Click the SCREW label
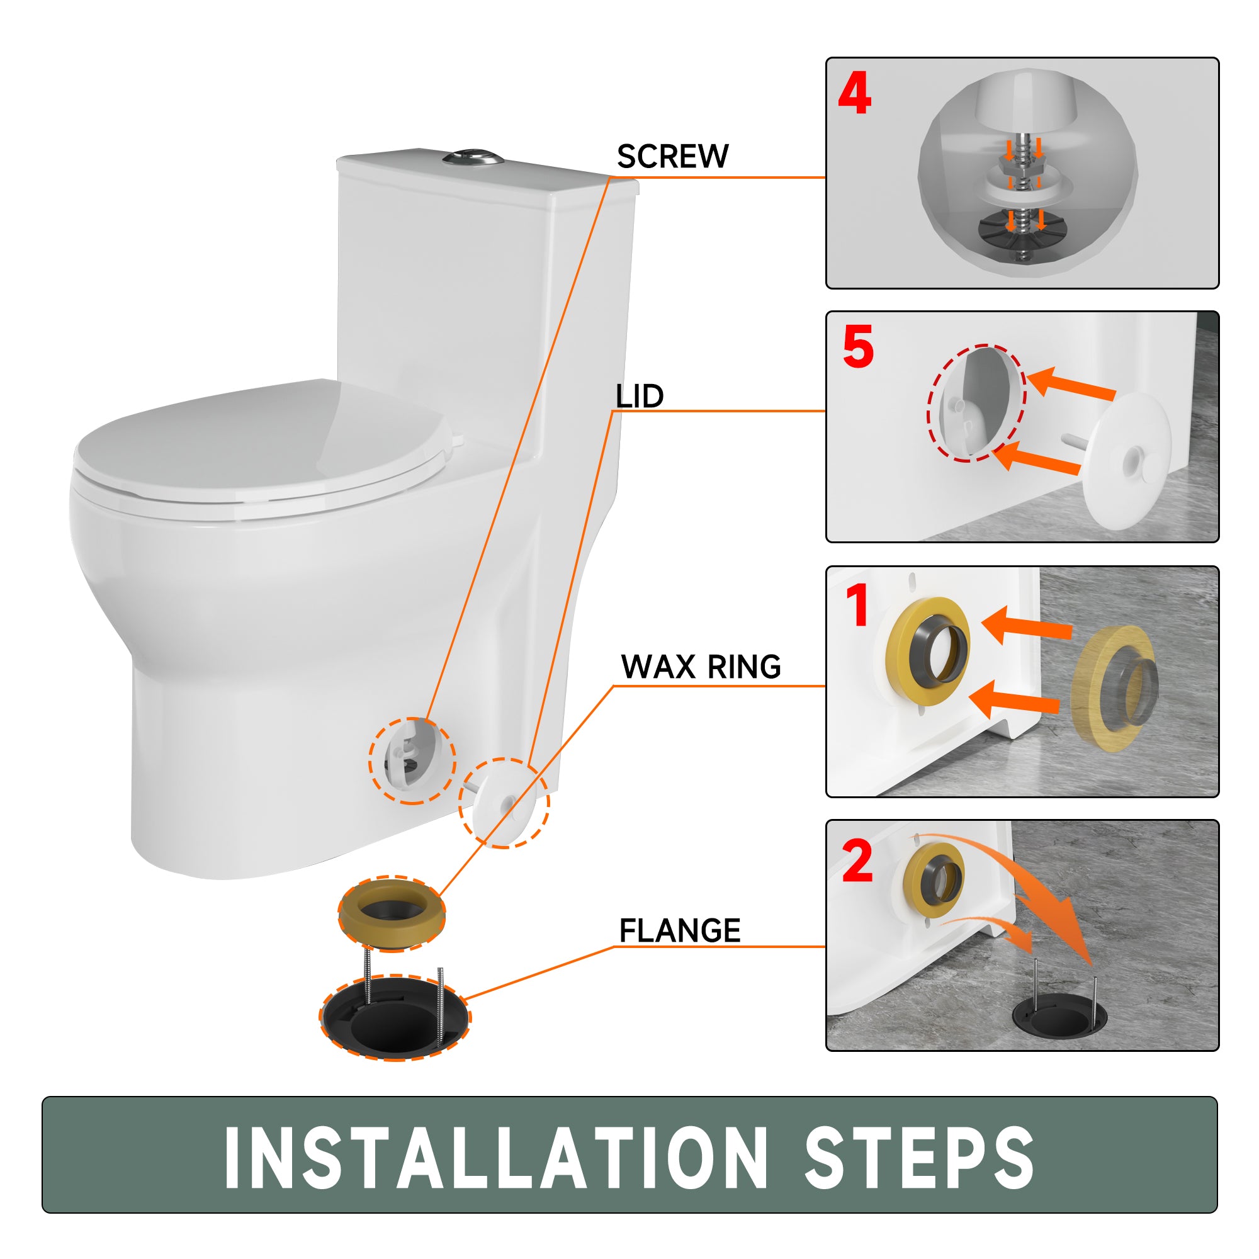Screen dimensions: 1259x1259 [x=672, y=156]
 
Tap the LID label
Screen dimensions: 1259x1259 [x=640, y=396]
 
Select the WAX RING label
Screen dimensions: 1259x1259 [x=701, y=667]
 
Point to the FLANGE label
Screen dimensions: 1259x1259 [x=680, y=930]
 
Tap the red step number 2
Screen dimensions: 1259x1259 [x=857, y=860]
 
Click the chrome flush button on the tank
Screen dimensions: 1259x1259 [x=473, y=157]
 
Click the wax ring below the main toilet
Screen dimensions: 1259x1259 [x=392, y=913]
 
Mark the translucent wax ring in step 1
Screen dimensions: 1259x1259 [x=1113, y=688]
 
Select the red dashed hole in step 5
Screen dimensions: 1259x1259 [x=976, y=403]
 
